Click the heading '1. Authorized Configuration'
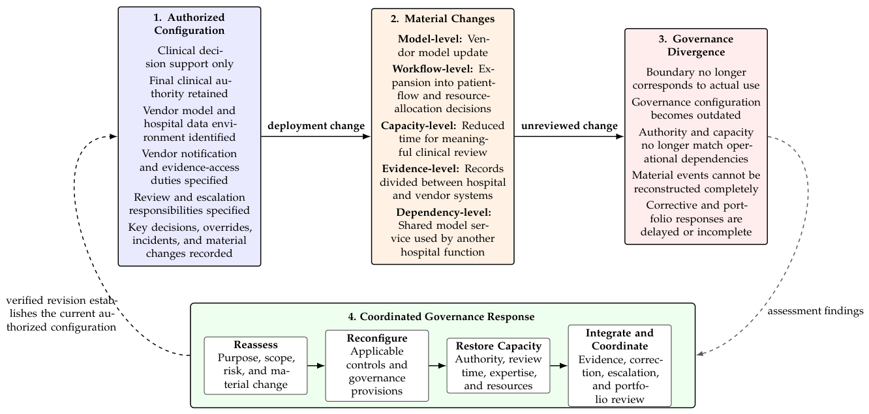coord(189,23)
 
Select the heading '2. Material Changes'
coord(442,19)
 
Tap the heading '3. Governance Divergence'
coord(696,46)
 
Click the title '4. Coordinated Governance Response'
coord(441,317)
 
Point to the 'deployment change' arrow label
coord(316,126)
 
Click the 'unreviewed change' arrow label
coord(570,126)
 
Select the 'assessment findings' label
coord(816,311)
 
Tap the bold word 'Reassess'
coord(256,345)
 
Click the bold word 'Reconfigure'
coord(377,338)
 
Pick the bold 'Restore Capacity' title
coord(498,346)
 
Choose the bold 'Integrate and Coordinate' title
coord(620,339)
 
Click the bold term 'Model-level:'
coord(430,38)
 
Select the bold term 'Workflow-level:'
coord(433,68)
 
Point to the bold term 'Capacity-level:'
coord(419,126)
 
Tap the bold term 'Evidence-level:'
coord(421,169)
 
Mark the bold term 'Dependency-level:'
coord(444,213)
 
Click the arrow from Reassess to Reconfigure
coord(316,366)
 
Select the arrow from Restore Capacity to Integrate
coord(558,366)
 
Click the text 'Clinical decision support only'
coord(189,57)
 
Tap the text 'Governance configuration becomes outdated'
coord(696,108)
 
